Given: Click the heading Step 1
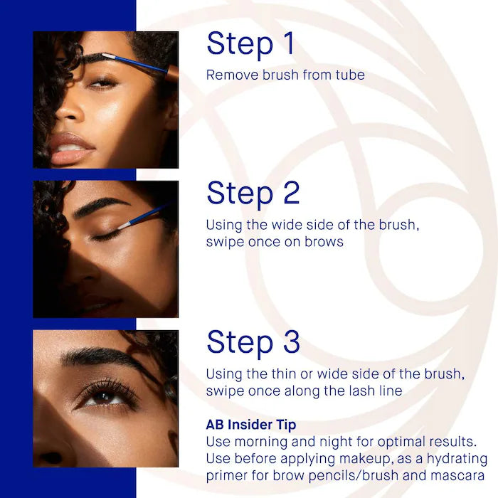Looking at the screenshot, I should coord(250,44).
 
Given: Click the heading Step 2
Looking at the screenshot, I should coord(253,194).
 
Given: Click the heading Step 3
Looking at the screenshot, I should coord(253,342).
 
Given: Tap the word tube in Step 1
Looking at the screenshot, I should coord(349,75).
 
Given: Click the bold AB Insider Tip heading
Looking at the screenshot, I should coord(251,425).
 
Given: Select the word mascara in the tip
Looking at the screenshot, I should coord(462,475).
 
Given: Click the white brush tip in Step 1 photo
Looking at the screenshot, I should coord(110,55).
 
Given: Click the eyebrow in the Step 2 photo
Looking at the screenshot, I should coord(99,207).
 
